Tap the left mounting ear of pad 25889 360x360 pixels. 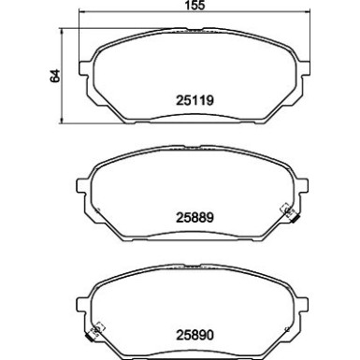click(x=88, y=184)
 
